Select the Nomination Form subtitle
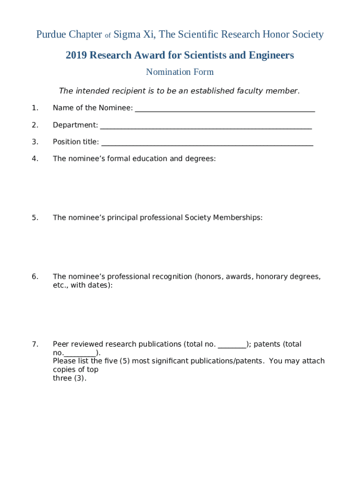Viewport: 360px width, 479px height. pyautogui.click(x=180, y=72)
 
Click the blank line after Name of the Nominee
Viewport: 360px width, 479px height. pyautogui.click(x=224, y=110)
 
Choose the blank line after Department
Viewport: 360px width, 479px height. pyautogui.click(x=206, y=127)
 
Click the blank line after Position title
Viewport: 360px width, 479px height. pyautogui.click(x=207, y=144)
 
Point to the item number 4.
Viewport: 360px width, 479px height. pyautogui.click(x=35, y=159)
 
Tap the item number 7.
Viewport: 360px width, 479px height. pyautogui.click(x=35, y=344)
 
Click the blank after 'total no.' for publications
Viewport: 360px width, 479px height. pyautogui.click(x=232, y=347)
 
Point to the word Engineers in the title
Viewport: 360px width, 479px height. pyautogui.click(x=272, y=56)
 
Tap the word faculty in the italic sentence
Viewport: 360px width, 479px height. pyautogui.click(x=238, y=91)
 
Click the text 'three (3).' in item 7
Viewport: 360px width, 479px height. pyautogui.click(x=70, y=378)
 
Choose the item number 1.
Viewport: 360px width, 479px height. pyautogui.click(x=35, y=108)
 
